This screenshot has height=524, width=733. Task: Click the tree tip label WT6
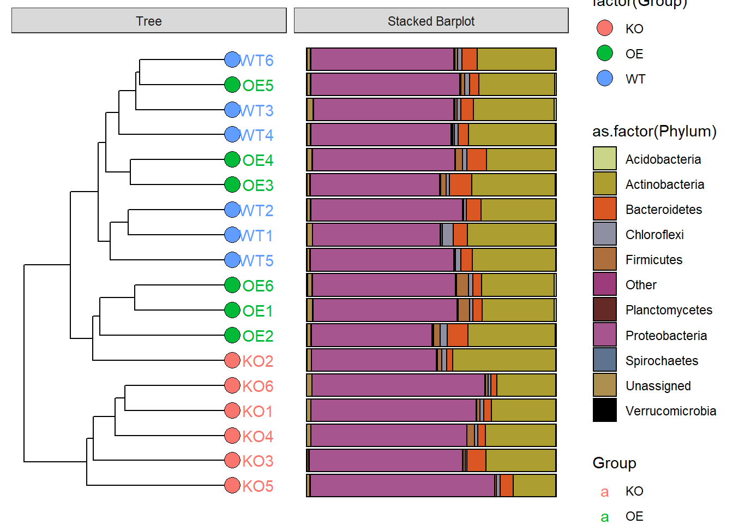[256, 60]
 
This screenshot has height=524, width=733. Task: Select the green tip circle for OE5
[232, 85]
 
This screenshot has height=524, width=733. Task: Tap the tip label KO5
[257, 486]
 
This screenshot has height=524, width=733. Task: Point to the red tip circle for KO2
[232, 360]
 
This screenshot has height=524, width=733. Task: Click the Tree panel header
[149, 21]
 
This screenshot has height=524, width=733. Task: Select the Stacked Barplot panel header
[431, 21]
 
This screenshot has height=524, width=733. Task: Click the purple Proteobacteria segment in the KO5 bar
[402, 486]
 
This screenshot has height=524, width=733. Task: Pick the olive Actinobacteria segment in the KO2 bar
[503, 360]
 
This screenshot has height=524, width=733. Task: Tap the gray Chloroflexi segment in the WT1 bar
[447, 235]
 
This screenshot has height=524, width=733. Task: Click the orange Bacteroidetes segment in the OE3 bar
[460, 185]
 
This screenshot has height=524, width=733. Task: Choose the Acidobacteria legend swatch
[604, 159]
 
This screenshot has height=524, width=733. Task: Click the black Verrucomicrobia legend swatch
[604, 410]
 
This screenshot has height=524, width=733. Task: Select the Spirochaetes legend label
[662, 361]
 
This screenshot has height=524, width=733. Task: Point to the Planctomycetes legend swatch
[604, 309]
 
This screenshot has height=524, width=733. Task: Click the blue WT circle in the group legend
[604, 79]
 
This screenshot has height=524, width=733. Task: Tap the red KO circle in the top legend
[604, 28]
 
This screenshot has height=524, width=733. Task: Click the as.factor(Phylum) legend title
[654, 132]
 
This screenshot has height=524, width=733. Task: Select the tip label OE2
[257, 336]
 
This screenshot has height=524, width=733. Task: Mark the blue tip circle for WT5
[232, 260]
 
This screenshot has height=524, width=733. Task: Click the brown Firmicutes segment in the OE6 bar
[462, 285]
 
